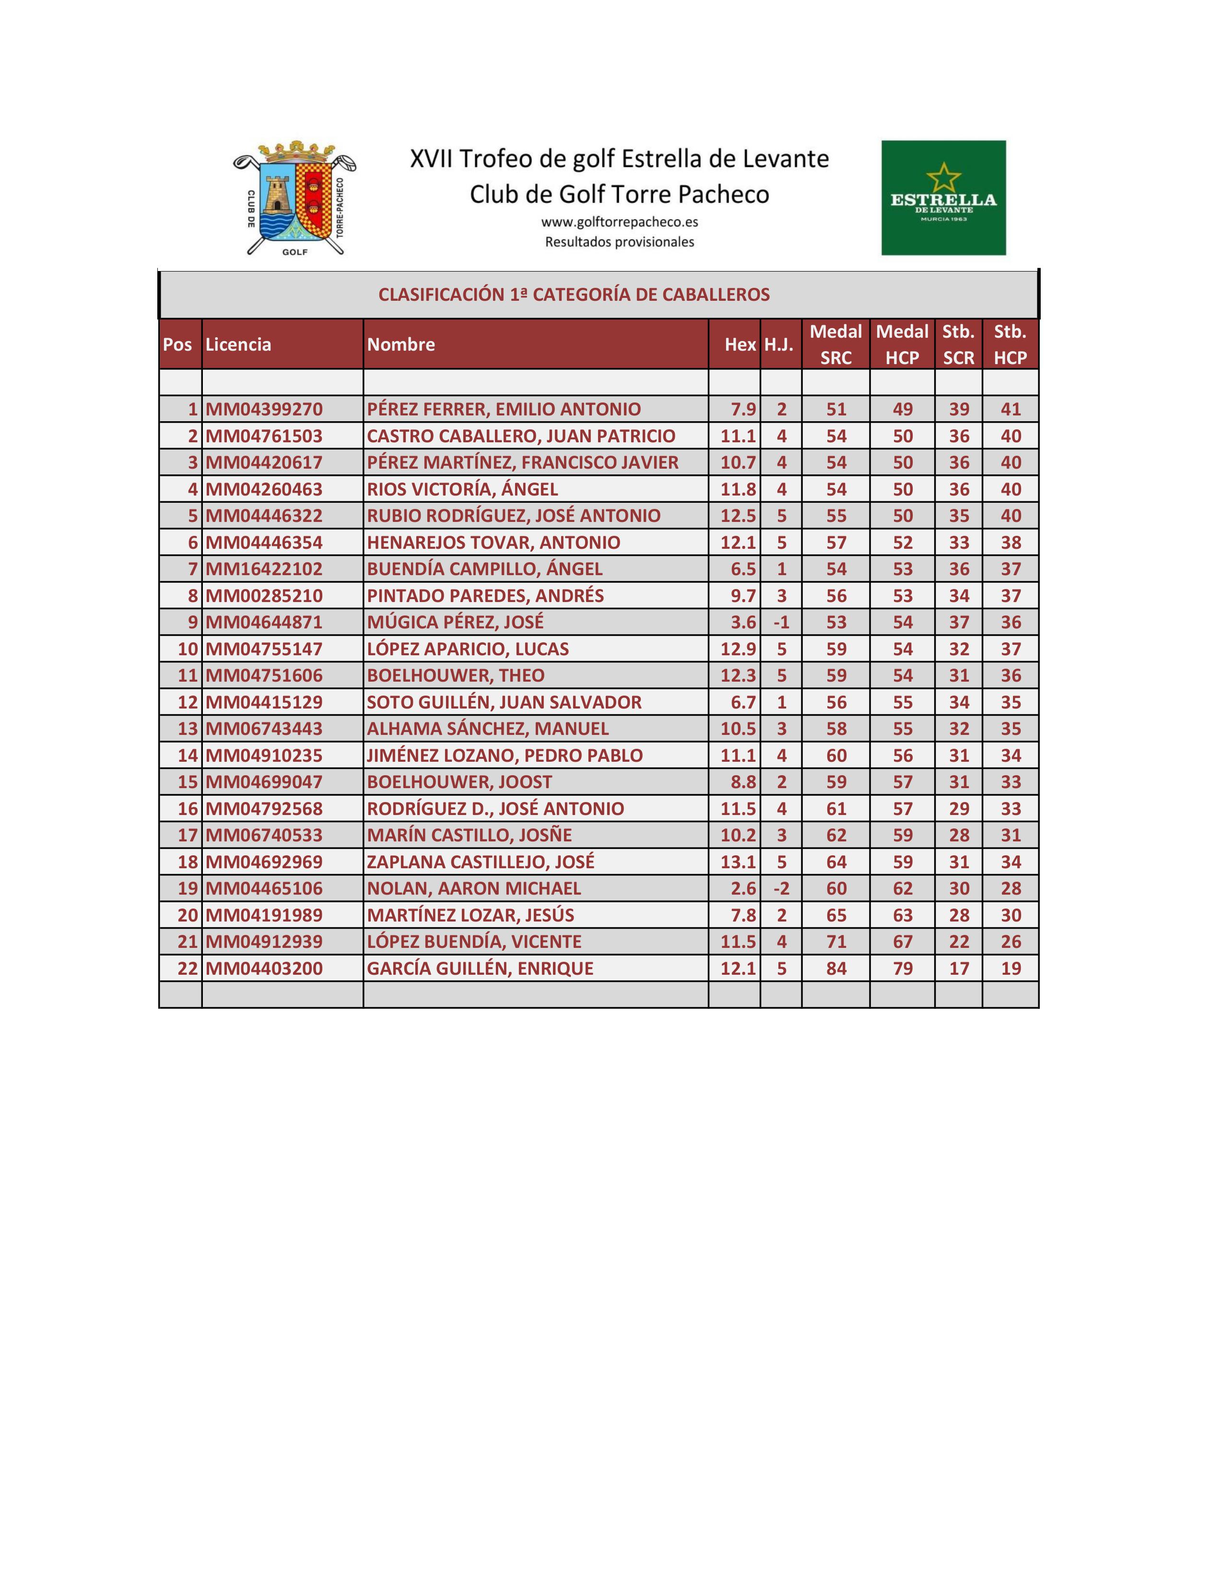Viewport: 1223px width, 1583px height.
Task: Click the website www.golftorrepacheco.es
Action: tap(620, 222)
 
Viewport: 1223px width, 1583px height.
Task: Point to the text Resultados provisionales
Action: tap(620, 242)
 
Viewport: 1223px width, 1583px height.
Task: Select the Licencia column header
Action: tap(238, 344)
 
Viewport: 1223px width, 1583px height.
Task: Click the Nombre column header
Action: tap(400, 344)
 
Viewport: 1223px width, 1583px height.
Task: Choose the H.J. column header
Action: tap(779, 344)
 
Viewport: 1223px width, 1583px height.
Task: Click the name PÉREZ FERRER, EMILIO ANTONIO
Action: tap(504, 409)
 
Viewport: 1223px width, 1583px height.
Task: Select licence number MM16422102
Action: tap(264, 569)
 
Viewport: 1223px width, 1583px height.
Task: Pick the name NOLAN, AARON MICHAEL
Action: tap(474, 888)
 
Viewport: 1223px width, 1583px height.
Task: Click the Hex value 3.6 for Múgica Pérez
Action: tap(742, 623)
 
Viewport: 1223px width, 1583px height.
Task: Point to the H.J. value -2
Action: tap(780, 888)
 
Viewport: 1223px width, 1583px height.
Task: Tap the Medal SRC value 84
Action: tap(836, 969)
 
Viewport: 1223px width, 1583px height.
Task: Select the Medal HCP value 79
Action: tap(902, 969)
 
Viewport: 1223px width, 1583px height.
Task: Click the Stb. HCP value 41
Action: tap(1010, 409)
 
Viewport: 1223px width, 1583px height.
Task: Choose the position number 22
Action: tap(188, 969)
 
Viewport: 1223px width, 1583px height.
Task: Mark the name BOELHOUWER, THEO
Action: tap(456, 675)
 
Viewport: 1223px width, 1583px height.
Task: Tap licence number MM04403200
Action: tap(264, 969)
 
